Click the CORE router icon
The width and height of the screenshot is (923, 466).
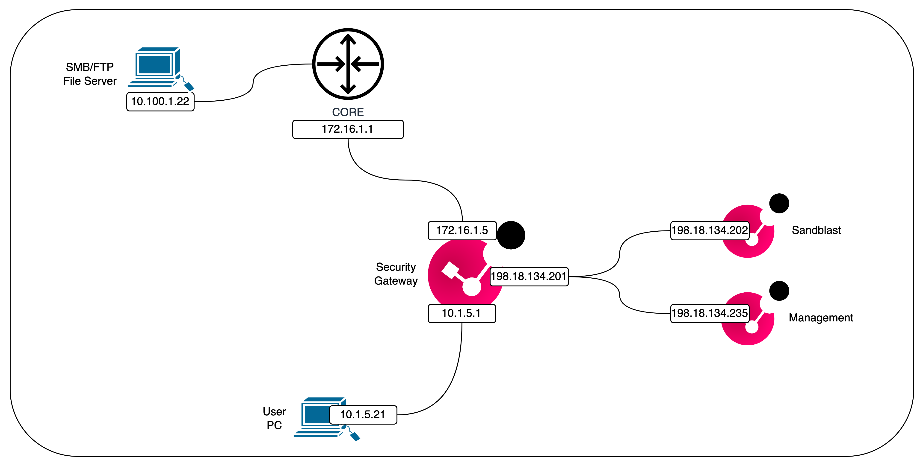(348, 64)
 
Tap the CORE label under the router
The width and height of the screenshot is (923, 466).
(348, 112)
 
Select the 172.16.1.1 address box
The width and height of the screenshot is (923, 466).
(348, 129)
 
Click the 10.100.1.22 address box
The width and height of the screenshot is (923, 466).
(160, 102)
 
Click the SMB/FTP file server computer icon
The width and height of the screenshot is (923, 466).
(158, 67)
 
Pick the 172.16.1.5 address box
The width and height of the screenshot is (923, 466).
(462, 230)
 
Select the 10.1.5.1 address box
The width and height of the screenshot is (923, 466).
(461, 314)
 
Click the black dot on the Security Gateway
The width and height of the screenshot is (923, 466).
(511, 235)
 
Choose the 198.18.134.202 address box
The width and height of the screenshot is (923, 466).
(710, 230)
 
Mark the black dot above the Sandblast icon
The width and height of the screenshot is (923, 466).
(779, 203)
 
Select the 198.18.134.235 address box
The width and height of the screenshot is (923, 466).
(710, 314)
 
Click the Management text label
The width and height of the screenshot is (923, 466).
(820, 318)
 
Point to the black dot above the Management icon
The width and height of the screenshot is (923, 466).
(779, 291)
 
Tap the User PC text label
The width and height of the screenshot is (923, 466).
(274, 418)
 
